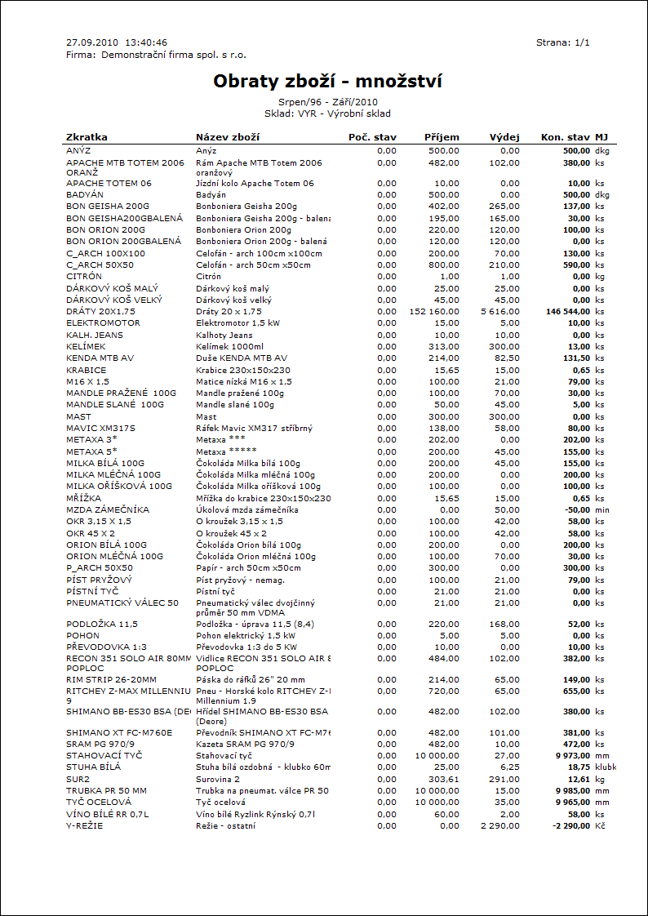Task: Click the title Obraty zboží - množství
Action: pos(327,82)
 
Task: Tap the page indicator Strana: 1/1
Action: pos(562,42)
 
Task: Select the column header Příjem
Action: pos(442,137)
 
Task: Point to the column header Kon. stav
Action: pos(565,137)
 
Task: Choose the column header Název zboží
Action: pos(228,137)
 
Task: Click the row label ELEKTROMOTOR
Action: pos(103,323)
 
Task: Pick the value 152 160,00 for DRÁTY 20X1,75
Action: pos(434,312)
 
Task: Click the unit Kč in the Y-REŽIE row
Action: pos(601,826)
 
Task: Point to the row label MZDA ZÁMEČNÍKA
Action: pos(108,509)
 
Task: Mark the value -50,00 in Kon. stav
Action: pos(575,509)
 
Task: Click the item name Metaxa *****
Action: pos(221,451)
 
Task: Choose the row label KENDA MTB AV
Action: pos(100,358)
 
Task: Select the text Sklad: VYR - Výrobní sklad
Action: pos(327,113)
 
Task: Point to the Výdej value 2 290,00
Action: pos(499,826)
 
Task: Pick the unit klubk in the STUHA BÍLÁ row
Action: pos(606,768)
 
